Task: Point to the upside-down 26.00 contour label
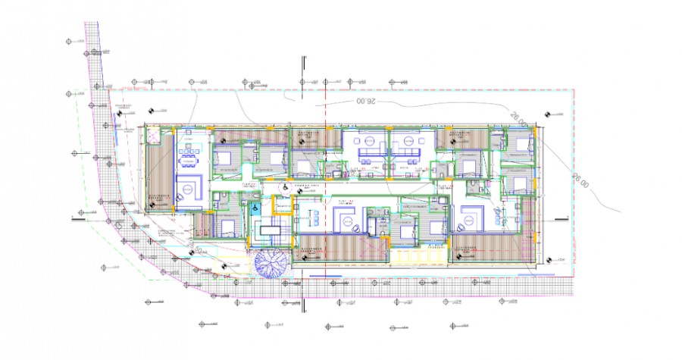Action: tap(363, 100)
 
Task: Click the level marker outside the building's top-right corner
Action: tap(546, 114)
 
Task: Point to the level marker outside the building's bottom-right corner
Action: tap(546, 259)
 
